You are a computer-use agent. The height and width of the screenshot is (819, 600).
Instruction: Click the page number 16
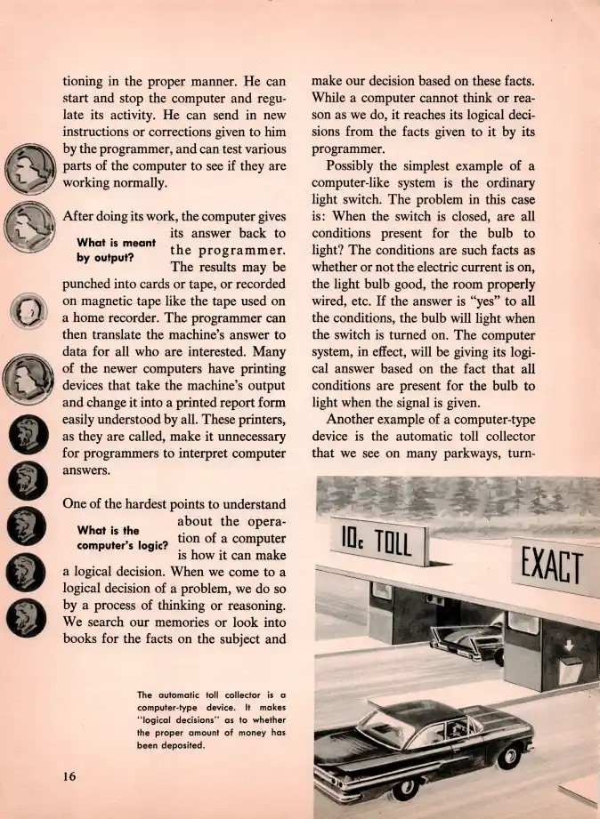tap(69, 776)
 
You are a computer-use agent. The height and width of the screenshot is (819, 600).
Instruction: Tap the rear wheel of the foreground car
tap(407, 787)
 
